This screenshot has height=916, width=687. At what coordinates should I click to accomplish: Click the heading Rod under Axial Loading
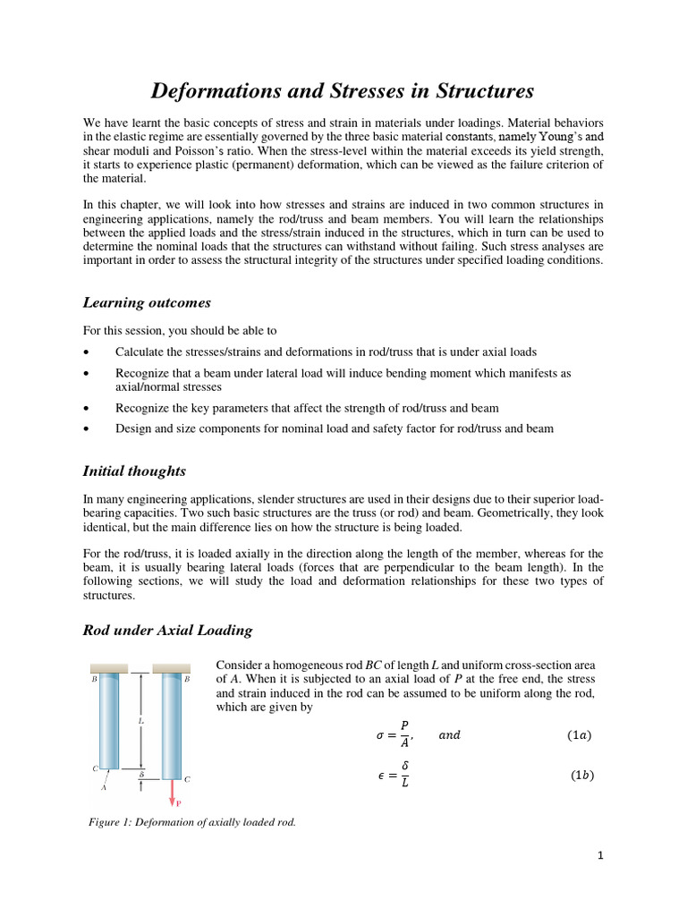[167, 630]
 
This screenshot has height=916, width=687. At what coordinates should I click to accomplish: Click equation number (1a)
[579, 735]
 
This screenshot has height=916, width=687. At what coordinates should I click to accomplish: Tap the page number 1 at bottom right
[601, 855]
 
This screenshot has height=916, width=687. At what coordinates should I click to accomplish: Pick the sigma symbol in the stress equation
[379, 736]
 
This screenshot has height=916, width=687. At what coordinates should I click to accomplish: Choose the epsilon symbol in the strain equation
[379, 776]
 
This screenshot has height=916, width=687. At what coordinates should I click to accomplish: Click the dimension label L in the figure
[140, 719]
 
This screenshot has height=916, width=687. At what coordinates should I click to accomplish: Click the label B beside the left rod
[94, 680]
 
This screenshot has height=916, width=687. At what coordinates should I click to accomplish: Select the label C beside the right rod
[187, 779]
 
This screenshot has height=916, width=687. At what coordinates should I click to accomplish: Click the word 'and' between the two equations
[449, 735]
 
